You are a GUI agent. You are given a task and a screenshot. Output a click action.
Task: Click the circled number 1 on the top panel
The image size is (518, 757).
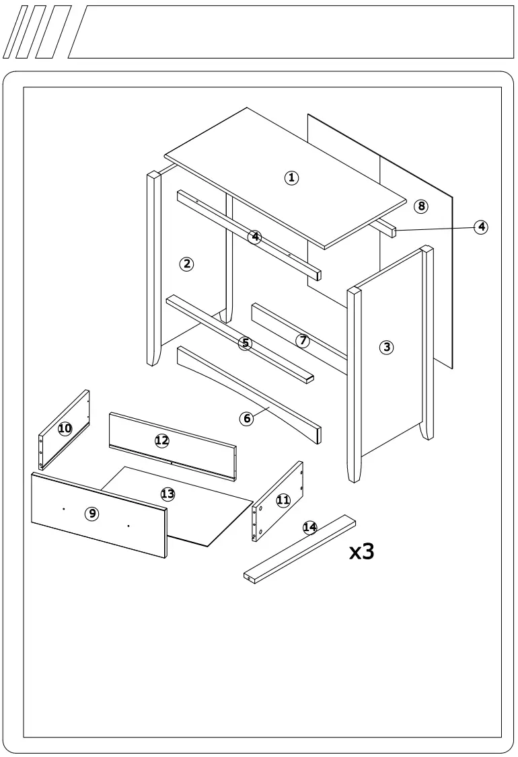[291, 177]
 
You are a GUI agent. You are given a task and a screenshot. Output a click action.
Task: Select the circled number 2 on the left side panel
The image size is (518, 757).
[186, 264]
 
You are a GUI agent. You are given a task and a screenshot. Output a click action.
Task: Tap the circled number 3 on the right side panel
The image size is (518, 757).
[386, 347]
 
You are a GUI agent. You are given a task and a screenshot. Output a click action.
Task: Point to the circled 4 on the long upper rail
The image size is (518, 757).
[254, 237]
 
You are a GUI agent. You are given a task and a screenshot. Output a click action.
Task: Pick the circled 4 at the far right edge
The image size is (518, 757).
[481, 227]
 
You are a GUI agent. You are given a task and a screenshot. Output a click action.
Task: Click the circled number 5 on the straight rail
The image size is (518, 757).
[246, 343]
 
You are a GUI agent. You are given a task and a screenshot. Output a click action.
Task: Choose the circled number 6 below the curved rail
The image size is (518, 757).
[247, 418]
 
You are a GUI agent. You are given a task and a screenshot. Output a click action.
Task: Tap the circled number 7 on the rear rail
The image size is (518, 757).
[303, 340]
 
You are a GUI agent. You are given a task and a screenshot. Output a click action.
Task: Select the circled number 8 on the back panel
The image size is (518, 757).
[421, 206]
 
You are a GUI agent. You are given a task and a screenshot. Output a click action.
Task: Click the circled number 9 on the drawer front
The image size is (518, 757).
[92, 514]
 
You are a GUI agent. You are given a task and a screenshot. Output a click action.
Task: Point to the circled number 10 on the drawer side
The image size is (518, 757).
[65, 428]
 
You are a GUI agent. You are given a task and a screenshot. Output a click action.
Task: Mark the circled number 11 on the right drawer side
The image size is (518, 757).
[283, 500]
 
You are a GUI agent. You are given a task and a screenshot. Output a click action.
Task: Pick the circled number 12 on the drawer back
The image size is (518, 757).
[161, 440]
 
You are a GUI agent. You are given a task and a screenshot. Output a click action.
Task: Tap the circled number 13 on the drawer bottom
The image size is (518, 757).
[168, 494]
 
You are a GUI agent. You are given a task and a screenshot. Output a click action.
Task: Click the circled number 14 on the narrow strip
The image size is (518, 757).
[309, 527]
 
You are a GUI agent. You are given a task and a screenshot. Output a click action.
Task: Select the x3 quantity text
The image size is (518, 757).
[361, 551]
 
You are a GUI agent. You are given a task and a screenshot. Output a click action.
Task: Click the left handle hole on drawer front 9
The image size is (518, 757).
[63, 509]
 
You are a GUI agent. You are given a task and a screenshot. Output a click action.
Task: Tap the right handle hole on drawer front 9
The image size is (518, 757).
[128, 525]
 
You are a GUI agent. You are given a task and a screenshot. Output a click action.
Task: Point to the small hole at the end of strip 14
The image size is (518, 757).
[249, 577]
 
